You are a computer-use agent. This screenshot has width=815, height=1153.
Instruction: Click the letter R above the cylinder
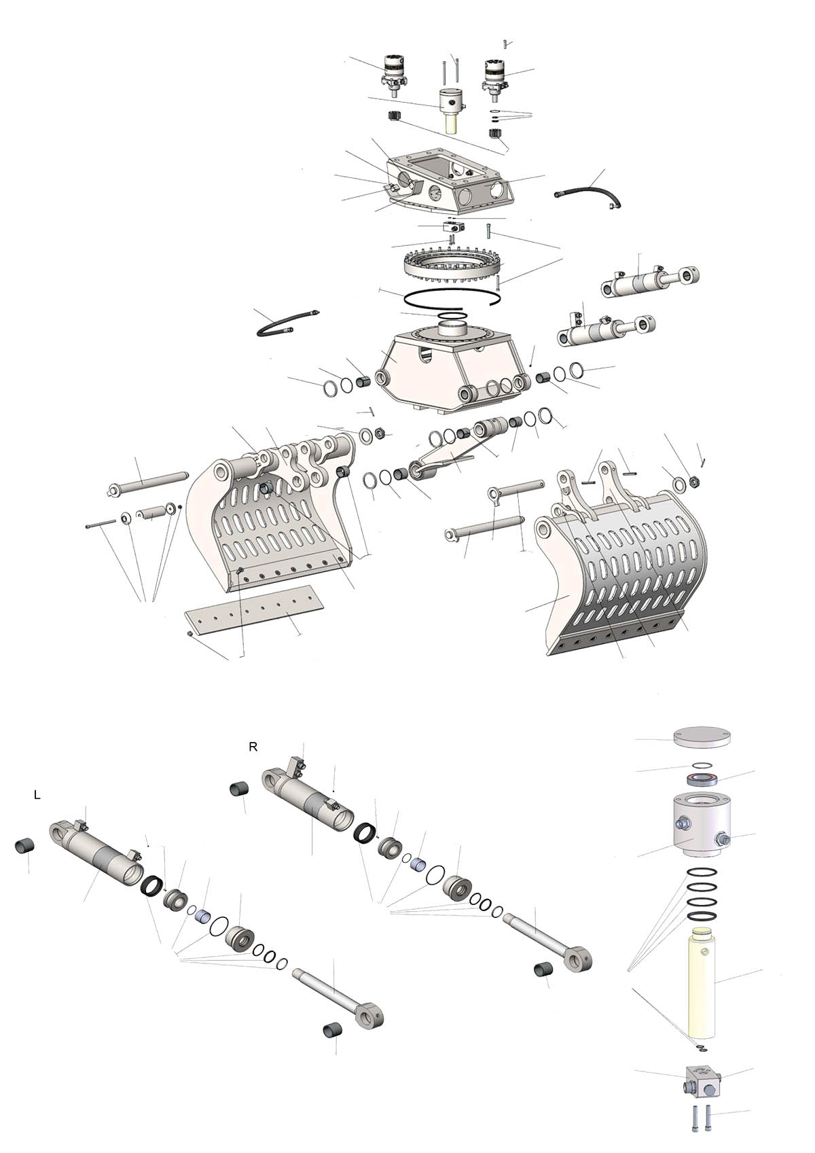point(253,747)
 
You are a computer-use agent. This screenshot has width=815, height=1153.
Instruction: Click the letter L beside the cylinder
point(37,795)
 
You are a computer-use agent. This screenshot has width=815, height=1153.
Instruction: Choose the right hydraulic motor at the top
point(494,79)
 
